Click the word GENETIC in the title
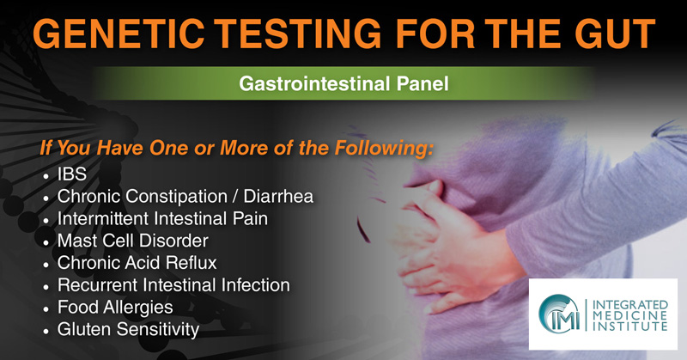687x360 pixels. (x=119, y=34)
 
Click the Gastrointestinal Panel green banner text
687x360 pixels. (x=343, y=83)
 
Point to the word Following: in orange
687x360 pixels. (x=384, y=148)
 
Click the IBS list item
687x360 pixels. (x=72, y=174)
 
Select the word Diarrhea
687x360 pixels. (x=278, y=196)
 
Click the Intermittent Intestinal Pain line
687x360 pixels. (x=162, y=218)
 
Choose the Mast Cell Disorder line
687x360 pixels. (x=133, y=241)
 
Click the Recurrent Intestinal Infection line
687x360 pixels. (x=173, y=285)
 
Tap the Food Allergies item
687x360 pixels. (x=115, y=308)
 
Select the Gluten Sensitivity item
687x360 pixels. (x=128, y=330)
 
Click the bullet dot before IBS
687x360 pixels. (x=46, y=176)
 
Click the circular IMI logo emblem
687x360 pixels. (x=559, y=314)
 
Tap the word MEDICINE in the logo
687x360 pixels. (x=630, y=315)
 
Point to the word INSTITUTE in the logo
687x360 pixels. (x=630, y=326)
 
